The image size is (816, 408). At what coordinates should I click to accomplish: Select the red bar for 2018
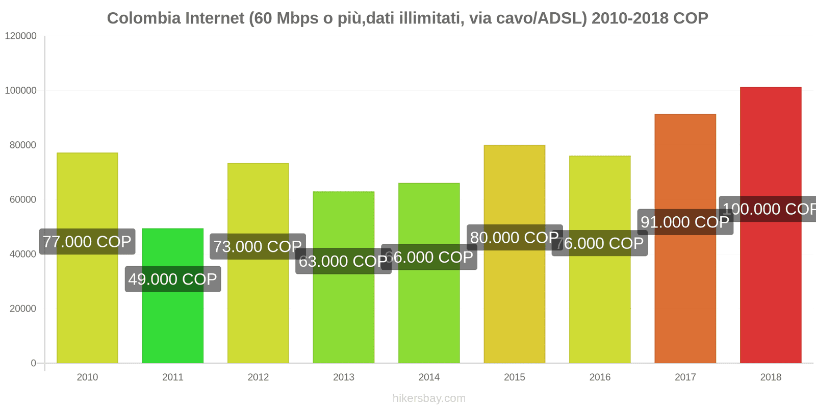point(770,286)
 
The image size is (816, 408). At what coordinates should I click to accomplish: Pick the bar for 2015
point(514,306)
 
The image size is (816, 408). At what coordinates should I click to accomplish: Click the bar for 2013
point(343,316)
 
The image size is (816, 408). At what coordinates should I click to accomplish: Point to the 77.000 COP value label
point(87,242)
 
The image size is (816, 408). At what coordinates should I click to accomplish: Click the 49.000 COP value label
point(173,279)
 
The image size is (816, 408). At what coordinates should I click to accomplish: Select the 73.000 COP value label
point(258,247)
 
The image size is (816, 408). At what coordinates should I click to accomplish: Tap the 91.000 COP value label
point(685,222)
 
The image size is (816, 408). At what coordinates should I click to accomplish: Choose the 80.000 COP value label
point(514,238)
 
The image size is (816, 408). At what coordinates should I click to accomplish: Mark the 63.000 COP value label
point(343,262)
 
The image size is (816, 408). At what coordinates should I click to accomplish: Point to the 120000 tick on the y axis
point(21,36)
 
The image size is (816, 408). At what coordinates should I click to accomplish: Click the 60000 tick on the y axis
point(23,200)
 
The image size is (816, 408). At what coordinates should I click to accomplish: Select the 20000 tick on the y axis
point(23,309)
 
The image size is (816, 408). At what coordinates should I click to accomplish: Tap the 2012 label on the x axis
point(258,377)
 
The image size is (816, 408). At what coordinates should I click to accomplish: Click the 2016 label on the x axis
point(600,377)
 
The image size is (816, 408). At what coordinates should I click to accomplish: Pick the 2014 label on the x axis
point(429,377)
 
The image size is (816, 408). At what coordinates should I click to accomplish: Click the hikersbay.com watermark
point(429,398)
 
